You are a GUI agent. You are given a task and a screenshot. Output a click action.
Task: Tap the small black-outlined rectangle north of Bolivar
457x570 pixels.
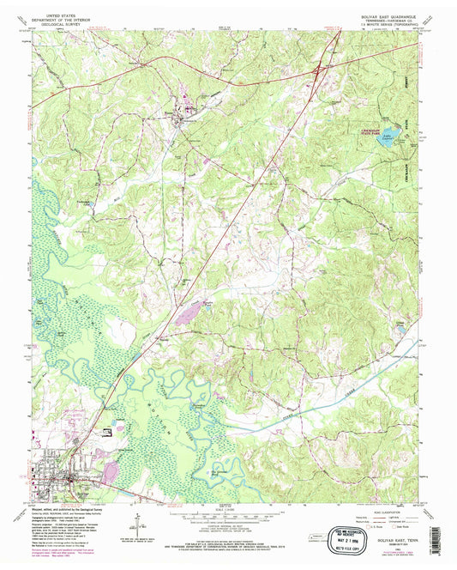point(105,433)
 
